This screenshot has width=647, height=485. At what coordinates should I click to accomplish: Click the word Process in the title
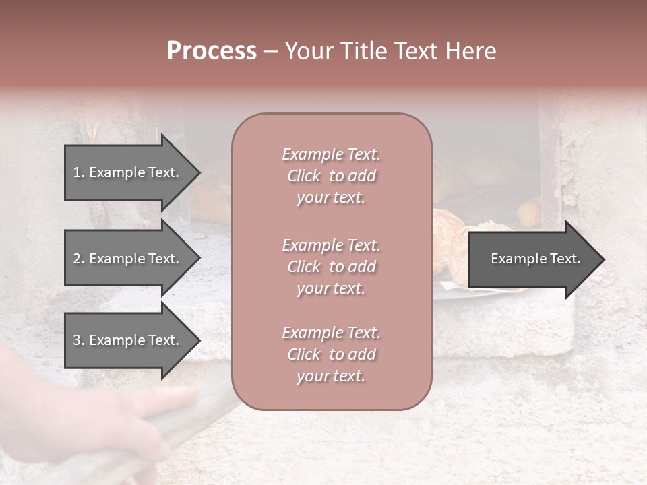pos(212,51)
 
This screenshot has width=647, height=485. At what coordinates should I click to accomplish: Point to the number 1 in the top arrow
pos(76,172)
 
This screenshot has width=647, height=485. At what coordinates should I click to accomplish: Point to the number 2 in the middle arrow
pos(77,259)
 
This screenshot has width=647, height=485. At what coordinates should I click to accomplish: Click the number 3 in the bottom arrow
pos(77,340)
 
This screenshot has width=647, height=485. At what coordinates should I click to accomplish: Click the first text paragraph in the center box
pos(331,176)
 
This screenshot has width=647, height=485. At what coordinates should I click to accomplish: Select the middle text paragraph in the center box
pos(331,267)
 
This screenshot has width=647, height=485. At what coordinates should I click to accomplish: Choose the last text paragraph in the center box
pos(331,354)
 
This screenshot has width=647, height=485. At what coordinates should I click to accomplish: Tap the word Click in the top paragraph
pos(303,176)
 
